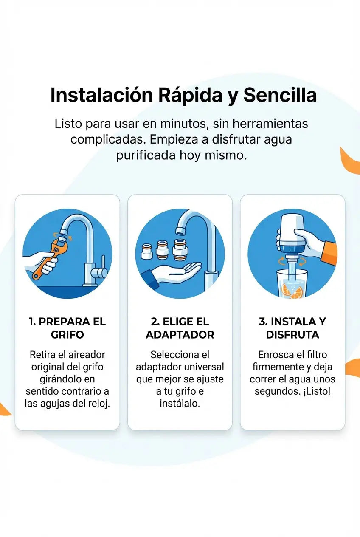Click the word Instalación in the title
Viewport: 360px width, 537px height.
(x=101, y=95)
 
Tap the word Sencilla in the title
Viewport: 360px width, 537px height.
(x=280, y=95)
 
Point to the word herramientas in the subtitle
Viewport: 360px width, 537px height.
(x=270, y=124)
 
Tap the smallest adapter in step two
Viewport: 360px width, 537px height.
(x=146, y=251)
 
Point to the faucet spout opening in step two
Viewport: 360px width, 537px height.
(x=180, y=231)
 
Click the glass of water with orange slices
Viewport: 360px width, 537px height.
(x=292, y=284)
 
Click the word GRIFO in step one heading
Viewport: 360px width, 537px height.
(x=67, y=335)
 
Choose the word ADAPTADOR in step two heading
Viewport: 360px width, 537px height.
(x=180, y=335)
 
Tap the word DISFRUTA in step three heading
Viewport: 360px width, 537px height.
(x=292, y=335)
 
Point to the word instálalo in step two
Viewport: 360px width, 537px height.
(x=180, y=404)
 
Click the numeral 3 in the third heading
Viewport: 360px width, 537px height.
(x=262, y=322)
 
